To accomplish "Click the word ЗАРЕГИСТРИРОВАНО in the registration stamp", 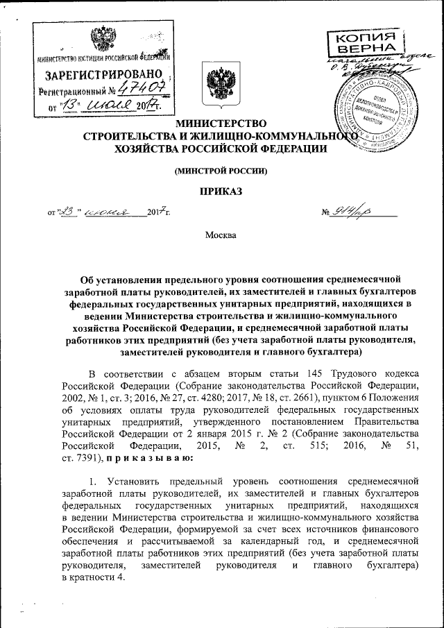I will tap(104, 74).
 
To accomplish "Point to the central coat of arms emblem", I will tap(211, 82).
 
